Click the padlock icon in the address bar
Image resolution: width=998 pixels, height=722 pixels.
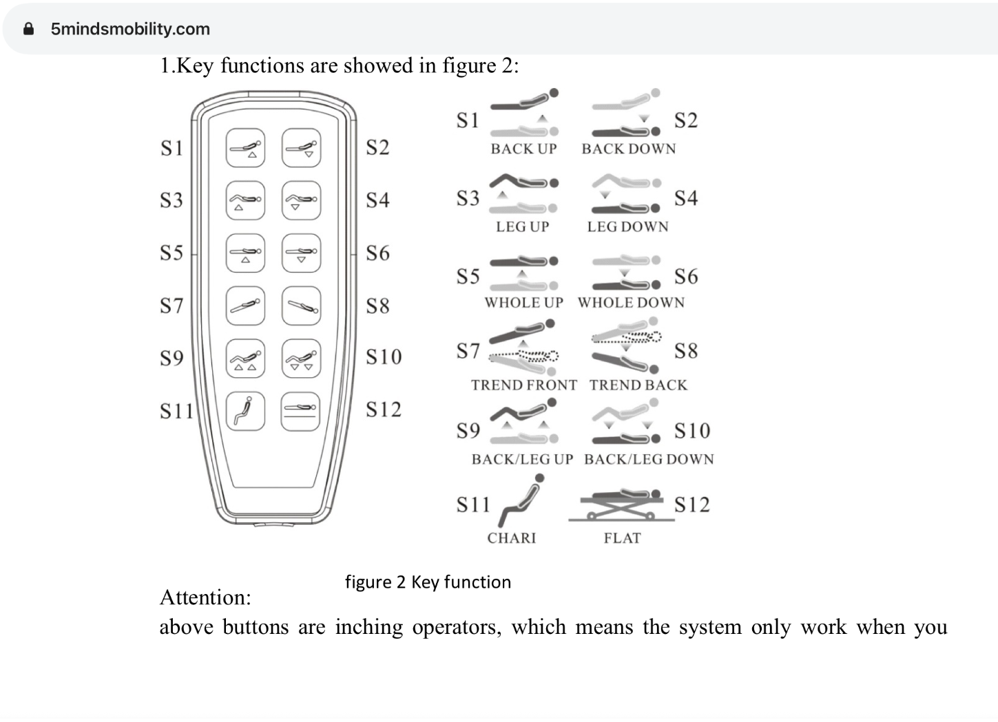point(28,29)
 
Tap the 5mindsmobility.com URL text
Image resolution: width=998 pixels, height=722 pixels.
point(130,29)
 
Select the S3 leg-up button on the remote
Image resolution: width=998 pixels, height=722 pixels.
point(245,200)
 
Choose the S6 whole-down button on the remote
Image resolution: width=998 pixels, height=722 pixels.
point(301,253)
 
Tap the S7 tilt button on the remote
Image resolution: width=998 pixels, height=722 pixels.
point(245,306)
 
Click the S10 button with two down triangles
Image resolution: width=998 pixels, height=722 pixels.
point(301,359)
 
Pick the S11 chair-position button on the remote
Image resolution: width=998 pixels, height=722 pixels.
point(245,411)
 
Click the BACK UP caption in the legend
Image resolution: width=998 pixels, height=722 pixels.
point(523,149)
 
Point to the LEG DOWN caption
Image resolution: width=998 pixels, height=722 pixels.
point(627,226)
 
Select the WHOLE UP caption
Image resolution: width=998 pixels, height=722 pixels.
point(523,302)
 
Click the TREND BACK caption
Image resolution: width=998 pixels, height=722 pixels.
point(638,385)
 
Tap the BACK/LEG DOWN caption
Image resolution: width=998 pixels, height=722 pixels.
point(649,459)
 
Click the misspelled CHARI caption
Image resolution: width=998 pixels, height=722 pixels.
point(511,538)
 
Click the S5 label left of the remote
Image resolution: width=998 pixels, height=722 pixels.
point(171,253)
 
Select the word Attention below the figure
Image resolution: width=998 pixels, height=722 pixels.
point(205,597)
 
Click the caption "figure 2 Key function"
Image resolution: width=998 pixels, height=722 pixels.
point(428,582)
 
